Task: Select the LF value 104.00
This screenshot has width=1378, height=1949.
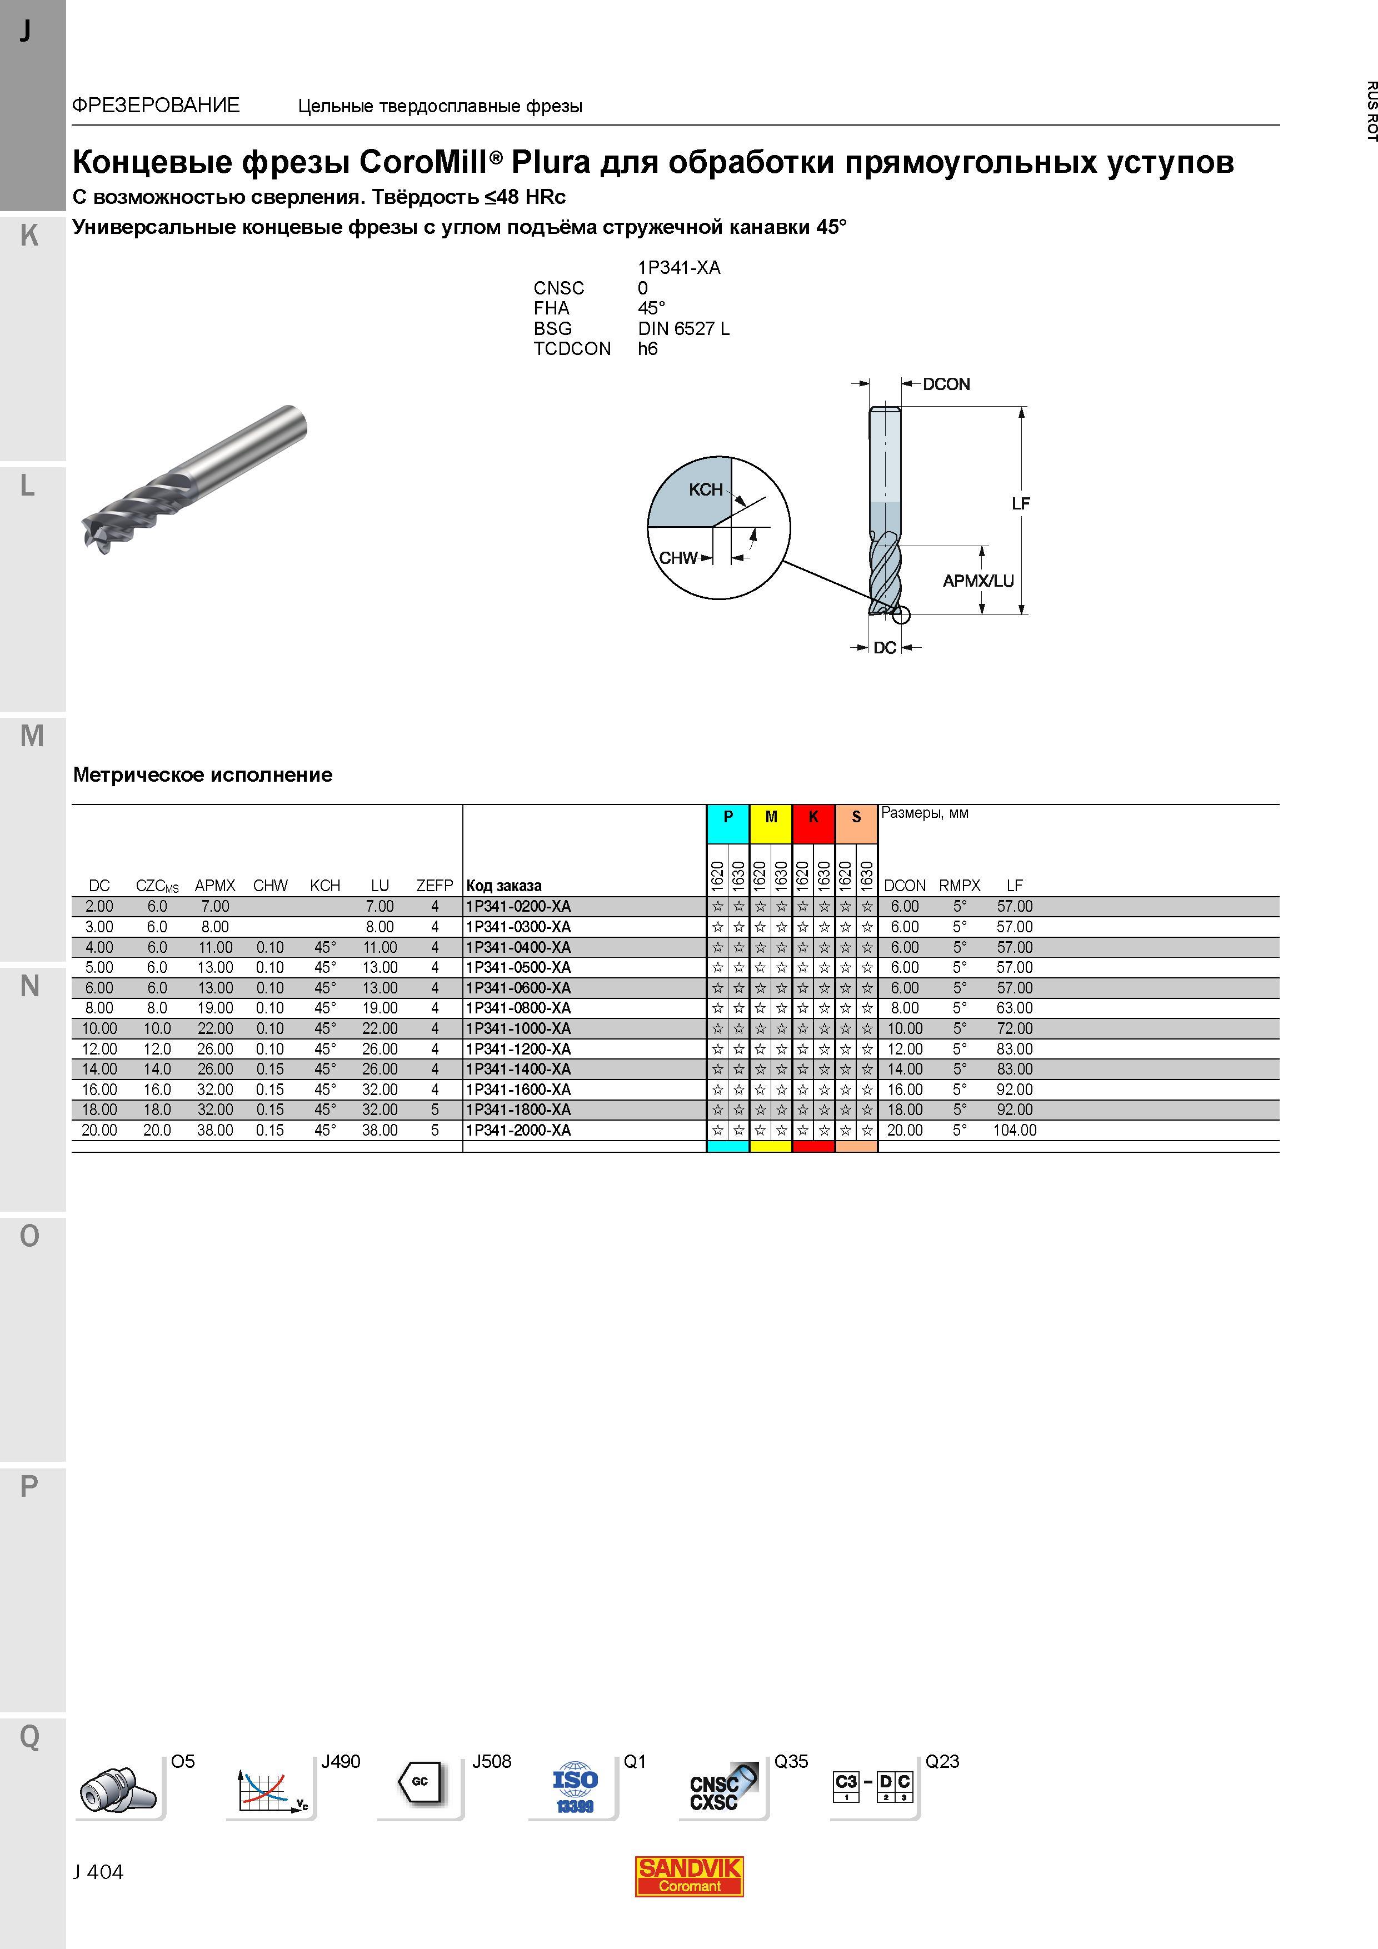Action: pyautogui.click(x=1015, y=1131)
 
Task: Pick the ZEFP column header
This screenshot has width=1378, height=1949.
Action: pyautogui.click(x=435, y=886)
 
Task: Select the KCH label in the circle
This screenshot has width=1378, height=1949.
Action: pyautogui.click(x=706, y=490)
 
